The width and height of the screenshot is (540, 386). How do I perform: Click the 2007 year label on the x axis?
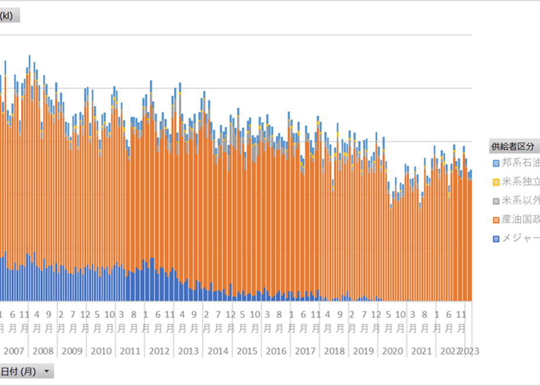tap(13, 351)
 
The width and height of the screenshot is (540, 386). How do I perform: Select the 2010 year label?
tap(101, 351)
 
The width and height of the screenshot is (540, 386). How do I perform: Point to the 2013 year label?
tap(188, 351)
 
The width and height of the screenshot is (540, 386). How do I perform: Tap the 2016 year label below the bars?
tap(276, 351)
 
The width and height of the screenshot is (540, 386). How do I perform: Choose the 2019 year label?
tap(363, 351)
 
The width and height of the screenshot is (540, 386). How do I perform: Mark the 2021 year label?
tap(421, 351)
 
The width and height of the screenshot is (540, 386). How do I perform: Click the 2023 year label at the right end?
tap(470, 351)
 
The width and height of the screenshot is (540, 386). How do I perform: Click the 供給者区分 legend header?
tap(513, 146)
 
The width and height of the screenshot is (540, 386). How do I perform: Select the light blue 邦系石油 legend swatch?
tap(496, 163)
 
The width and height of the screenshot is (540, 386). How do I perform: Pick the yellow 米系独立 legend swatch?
tap(496, 182)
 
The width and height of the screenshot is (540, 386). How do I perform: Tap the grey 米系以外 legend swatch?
tap(496, 201)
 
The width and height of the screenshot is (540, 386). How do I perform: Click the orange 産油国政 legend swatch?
tap(496, 219)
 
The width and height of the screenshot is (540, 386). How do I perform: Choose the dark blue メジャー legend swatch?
tap(496, 239)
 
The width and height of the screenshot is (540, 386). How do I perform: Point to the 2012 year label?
tap(159, 351)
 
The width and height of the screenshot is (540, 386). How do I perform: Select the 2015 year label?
tap(247, 351)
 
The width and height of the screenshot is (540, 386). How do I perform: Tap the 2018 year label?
tap(334, 351)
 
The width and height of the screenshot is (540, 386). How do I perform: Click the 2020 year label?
tap(392, 351)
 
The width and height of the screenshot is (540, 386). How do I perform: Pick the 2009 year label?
tap(72, 351)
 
